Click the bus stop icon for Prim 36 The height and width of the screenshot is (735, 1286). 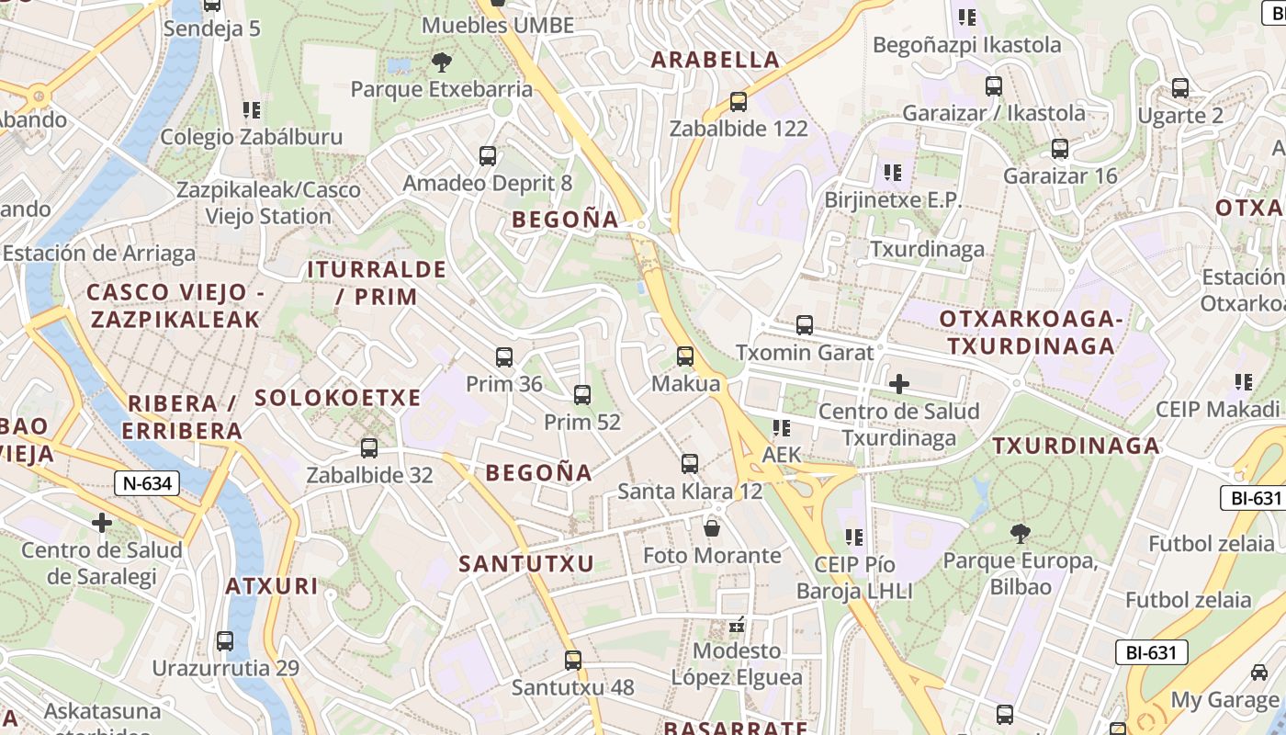tap(503, 357)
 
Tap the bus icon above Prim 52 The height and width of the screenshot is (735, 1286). tap(581, 395)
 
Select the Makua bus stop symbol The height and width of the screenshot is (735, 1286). tap(685, 356)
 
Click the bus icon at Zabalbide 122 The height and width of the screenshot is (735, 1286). tap(739, 102)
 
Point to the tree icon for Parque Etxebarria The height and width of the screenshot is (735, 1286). tap(442, 62)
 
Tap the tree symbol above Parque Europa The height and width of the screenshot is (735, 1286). tap(1020, 534)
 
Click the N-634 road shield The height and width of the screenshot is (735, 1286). tap(148, 483)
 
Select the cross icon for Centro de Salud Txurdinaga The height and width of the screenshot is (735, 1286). tap(899, 384)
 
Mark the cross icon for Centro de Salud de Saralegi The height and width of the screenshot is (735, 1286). tap(102, 523)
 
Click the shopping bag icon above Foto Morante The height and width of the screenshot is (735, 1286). tap(712, 528)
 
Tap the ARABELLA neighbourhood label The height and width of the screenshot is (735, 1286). tap(715, 61)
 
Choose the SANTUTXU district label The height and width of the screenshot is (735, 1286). tap(526, 563)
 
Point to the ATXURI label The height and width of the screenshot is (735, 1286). tap(272, 586)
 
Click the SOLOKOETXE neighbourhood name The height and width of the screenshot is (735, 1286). tap(337, 398)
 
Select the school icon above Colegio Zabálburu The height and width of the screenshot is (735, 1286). tap(252, 110)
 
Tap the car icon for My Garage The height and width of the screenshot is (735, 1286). tap(1258, 673)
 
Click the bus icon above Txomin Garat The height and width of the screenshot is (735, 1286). tap(805, 325)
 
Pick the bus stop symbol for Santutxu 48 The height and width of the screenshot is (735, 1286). tap(573, 661)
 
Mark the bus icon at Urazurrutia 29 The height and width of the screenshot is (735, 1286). tap(225, 641)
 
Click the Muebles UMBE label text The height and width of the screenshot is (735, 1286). tap(498, 26)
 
